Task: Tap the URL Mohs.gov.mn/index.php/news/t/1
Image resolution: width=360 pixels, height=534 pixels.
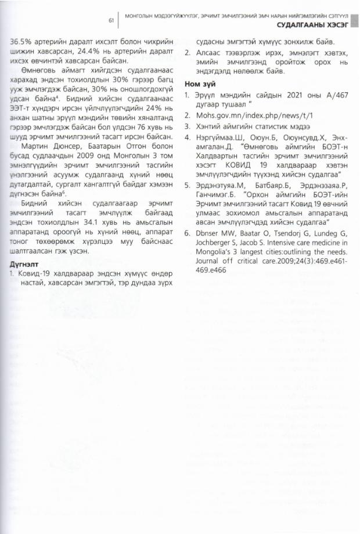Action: click(249, 115)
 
